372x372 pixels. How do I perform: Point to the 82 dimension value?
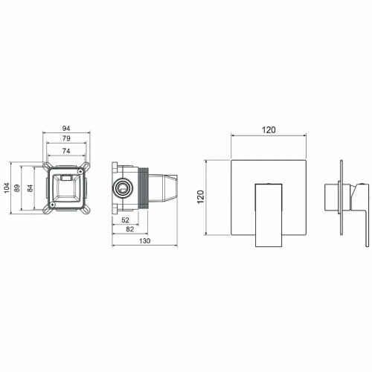(131, 230)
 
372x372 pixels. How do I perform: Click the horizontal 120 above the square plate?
(269, 129)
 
